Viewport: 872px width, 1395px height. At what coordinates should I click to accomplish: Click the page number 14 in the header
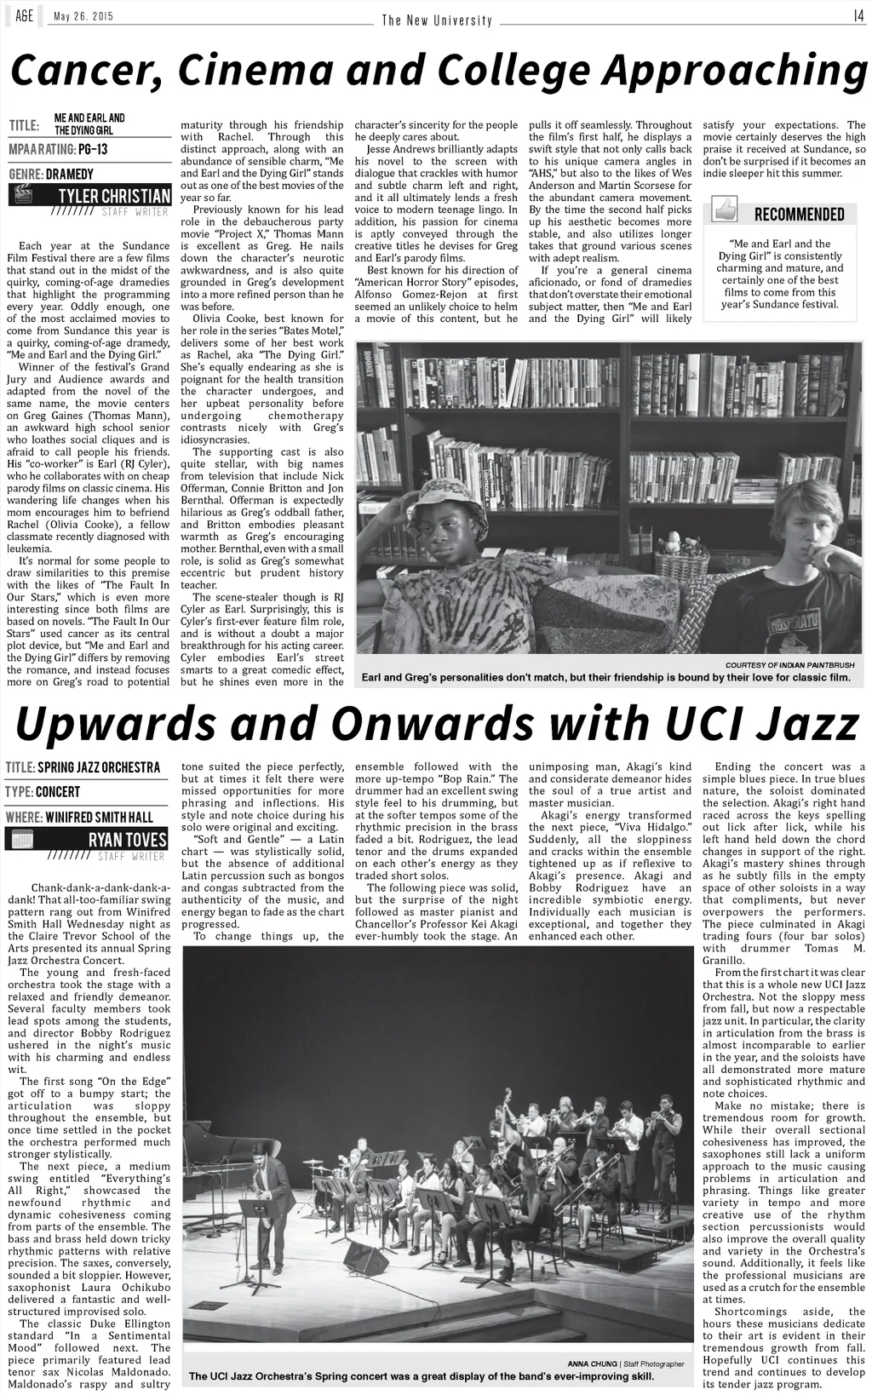click(x=858, y=15)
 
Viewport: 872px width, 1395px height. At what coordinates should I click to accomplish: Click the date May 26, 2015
click(x=83, y=17)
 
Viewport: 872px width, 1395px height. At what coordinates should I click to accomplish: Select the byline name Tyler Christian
click(x=114, y=196)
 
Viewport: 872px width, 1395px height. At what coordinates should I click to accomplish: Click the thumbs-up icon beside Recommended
click(x=725, y=210)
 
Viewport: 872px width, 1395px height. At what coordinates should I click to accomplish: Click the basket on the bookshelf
click(x=681, y=563)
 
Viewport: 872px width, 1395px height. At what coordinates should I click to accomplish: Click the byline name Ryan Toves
click(x=128, y=840)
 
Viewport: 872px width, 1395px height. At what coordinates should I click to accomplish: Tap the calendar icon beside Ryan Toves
click(x=22, y=840)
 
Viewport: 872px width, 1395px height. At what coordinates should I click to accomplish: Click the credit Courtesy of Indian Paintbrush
click(x=789, y=664)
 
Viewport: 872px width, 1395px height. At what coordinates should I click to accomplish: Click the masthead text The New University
click(x=437, y=20)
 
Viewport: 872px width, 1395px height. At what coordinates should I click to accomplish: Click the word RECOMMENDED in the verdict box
click(x=799, y=214)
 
